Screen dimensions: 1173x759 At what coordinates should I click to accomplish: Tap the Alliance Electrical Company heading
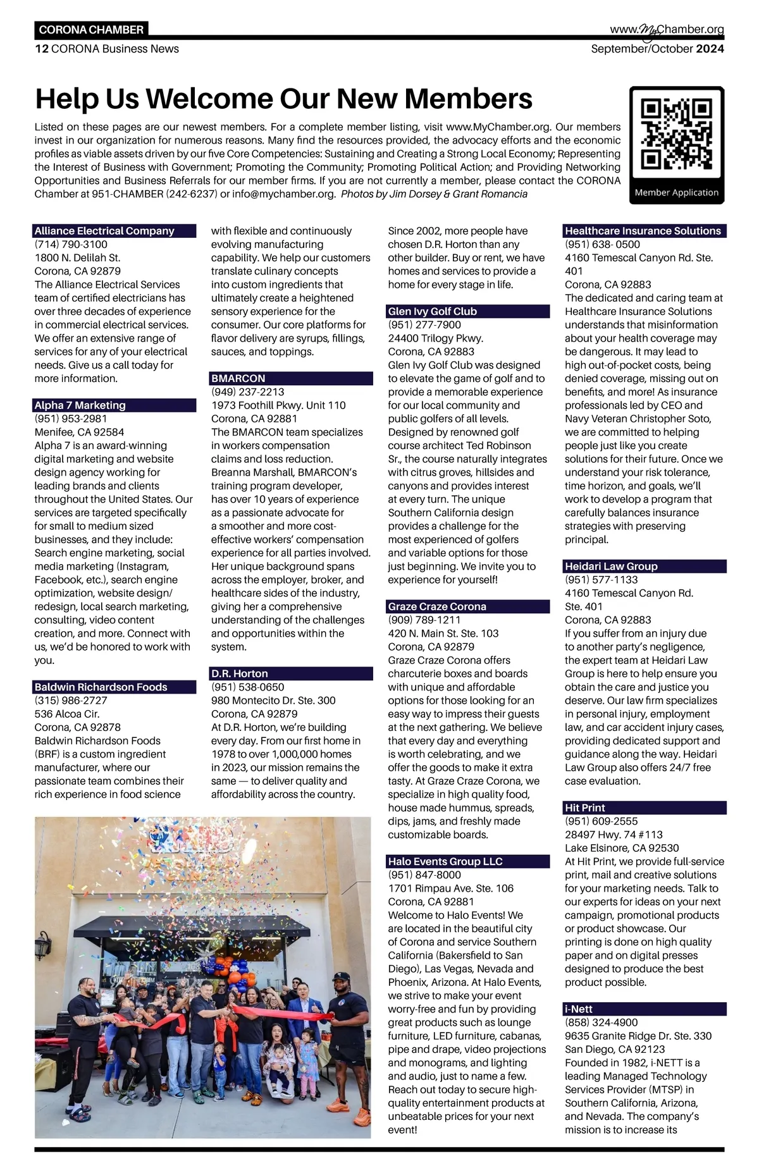coord(104,231)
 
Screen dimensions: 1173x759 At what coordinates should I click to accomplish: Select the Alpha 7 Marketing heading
coord(80,405)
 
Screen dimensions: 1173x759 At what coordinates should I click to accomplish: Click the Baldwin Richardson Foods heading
coord(101,687)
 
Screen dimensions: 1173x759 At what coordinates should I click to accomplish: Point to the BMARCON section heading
coord(238,378)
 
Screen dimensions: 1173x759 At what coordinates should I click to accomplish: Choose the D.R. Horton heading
coord(240,673)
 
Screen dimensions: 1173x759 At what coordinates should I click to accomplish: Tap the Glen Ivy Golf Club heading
coord(433,311)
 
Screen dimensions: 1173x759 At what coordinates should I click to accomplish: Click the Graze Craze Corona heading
coord(437,606)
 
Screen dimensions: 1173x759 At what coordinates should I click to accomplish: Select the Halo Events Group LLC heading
coord(445,861)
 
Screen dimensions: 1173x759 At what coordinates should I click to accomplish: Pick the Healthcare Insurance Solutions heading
coord(643,231)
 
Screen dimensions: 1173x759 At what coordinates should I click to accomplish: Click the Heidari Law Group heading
coord(611,566)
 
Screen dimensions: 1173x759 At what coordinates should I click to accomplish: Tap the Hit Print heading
coord(585,808)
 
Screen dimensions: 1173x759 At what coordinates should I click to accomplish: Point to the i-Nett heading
coord(579,1009)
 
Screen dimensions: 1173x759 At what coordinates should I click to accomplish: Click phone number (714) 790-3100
coord(71,244)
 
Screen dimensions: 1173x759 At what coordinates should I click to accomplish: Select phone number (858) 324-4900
coord(602,1023)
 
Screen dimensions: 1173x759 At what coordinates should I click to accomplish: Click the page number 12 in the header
coord(41,49)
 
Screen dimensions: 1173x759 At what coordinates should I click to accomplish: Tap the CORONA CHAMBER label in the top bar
coord(91,30)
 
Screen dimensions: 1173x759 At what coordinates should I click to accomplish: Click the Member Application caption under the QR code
coord(676,192)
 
